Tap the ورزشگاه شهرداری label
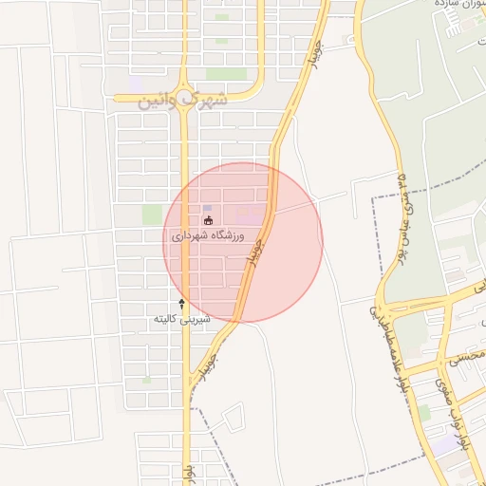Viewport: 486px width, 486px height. pyautogui.click(x=208, y=234)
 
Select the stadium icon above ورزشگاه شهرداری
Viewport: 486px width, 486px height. pyautogui.click(x=208, y=221)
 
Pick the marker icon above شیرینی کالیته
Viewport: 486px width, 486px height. pyautogui.click(x=182, y=304)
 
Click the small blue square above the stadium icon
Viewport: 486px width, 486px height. pyautogui.click(x=208, y=208)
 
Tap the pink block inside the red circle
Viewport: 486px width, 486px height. pyautogui.click(x=251, y=216)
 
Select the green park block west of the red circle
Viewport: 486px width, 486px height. pyautogui.click(x=152, y=215)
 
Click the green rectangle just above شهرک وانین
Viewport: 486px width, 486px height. pyautogui.click(x=226, y=74)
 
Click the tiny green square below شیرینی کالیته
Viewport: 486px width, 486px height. pyautogui.click(x=147, y=380)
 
